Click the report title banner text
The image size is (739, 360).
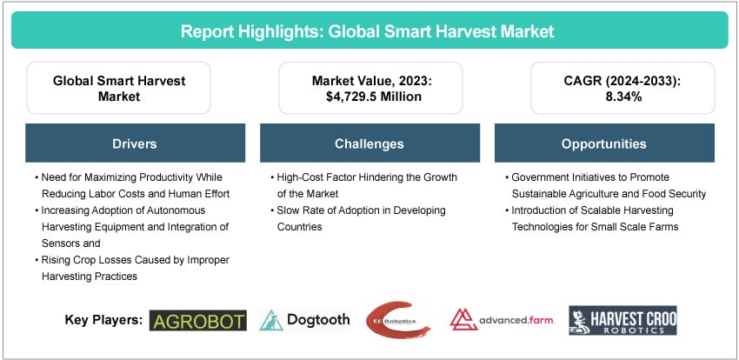point(369,31)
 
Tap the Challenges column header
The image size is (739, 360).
point(369,143)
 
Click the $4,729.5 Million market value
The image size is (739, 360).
point(369,97)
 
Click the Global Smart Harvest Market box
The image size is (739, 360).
point(118,89)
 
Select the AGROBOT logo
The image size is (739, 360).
point(198,320)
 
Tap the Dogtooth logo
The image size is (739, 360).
point(304,320)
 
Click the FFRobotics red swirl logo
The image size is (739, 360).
point(399,318)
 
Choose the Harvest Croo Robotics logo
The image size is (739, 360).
point(622,320)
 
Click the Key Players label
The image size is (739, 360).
point(103,320)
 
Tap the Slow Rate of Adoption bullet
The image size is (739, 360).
point(357,218)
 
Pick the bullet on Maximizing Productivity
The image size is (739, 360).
point(132,185)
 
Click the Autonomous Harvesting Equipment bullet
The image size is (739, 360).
point(132,226)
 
